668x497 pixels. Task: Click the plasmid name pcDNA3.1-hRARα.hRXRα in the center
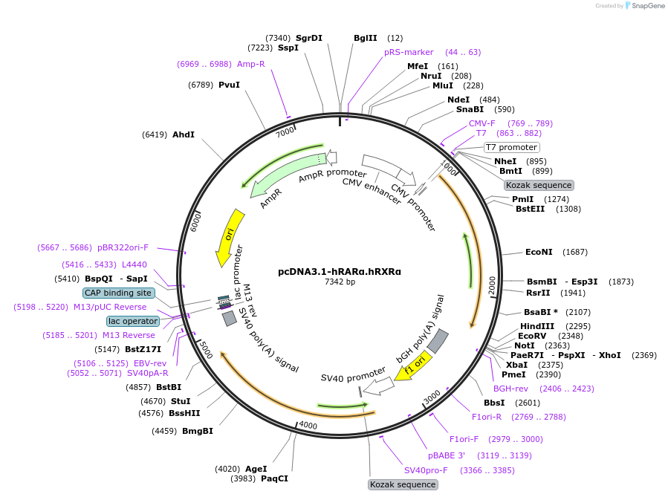tap(340, 271)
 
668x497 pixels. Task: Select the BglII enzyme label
tap(366, 38)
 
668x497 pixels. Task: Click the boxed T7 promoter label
tap(511, 147)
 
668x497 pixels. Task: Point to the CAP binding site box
tap(118, 293)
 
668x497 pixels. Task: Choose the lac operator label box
tap(133, 321)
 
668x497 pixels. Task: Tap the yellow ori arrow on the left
tap(229, 237)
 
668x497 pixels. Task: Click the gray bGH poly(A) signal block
tap(438, 340)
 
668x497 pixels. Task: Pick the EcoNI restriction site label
tap(539, 252)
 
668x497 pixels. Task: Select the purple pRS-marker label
tap(409, 52)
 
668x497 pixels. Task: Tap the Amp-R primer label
tap(251, 64)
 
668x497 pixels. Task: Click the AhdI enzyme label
tap(184, 134)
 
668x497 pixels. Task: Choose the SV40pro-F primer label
tap(426, 470)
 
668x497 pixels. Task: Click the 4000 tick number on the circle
tap(308, 425)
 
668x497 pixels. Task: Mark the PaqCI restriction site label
tap(274, 478)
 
